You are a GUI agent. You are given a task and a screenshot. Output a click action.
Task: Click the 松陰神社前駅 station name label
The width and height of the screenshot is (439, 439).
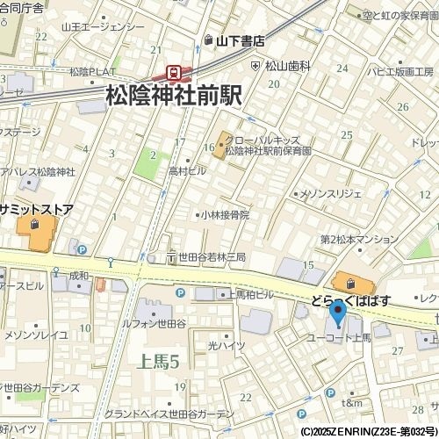pyautogui.click(x=173, y=95)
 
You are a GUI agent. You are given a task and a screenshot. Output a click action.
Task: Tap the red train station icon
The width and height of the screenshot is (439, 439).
pyautogui.click(x=174, y=72)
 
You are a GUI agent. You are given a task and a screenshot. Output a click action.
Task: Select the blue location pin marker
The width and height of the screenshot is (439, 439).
pyautogui.click(x=337, y=313)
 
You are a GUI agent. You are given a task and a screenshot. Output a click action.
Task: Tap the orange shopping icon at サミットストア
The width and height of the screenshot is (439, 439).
pyautogui.click(x=33, y=227)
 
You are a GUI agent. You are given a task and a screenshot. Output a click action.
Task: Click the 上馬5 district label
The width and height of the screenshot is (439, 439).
pyautogui.click(x=159, y=361)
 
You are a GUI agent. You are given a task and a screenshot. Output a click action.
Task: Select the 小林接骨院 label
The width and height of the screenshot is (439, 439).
pyautogui.click(x=225, y=214)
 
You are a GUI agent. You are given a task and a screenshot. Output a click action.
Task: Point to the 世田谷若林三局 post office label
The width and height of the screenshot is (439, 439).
pyautogui.click(x=212, y=257)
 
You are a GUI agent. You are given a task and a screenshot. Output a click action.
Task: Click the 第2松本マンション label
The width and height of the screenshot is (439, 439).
pyautogui.click(x=359, y=239)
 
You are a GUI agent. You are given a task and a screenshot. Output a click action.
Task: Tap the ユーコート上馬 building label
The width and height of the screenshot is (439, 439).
pyautogui.click(x=339, y=337)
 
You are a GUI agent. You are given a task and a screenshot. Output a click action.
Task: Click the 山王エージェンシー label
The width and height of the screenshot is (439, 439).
pyautogui.click(x=103, y=27)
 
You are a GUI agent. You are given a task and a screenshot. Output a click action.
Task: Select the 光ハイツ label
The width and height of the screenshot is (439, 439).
pyautogui.click(x=226, y=347)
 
